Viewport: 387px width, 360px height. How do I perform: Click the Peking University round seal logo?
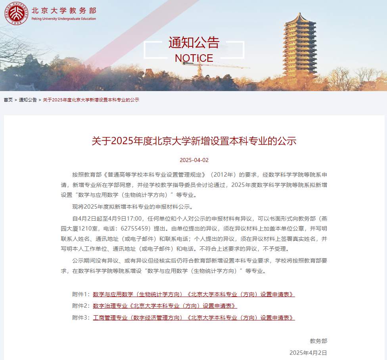point(16,13)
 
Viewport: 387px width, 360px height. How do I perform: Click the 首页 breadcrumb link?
point(8,100)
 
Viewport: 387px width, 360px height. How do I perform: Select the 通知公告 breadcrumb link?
point(28,100)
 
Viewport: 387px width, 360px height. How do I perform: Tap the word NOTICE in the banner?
point(194,58)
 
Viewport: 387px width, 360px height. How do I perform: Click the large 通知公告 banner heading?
point(194,42)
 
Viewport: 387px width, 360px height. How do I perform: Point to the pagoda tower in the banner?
point(300,46)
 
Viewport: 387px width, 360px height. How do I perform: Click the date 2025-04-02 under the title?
point(194,160)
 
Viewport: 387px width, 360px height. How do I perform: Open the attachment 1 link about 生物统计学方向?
point(193,294)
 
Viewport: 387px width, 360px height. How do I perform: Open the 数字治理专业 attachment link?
point(165,306)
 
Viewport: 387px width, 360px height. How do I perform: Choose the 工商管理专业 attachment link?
point(193,318)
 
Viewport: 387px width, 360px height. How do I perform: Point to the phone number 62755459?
point(135,228)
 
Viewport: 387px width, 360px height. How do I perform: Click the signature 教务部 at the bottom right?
point(318,341)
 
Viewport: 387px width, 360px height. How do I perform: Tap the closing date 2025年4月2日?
point(308,353)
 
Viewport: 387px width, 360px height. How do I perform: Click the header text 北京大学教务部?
point(64,10)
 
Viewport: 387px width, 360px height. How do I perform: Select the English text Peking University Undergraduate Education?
point(64,19)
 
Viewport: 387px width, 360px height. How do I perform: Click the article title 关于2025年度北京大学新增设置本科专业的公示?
point(194,141)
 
